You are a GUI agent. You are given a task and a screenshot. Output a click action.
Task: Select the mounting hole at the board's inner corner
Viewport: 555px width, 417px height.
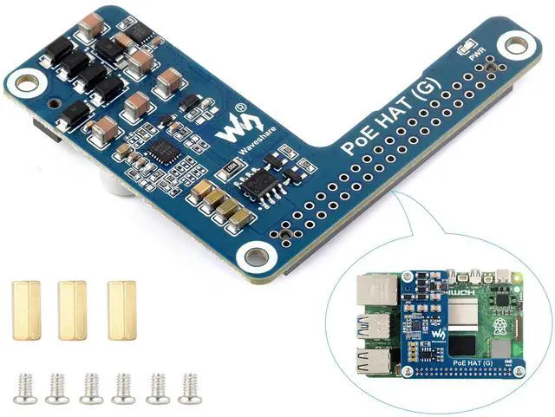tap(257, 255)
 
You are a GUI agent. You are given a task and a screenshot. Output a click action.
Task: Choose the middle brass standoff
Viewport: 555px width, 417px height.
tap(72, 309)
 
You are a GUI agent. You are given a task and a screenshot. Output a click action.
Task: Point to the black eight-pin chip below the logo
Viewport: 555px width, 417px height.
tap(258, 184)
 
